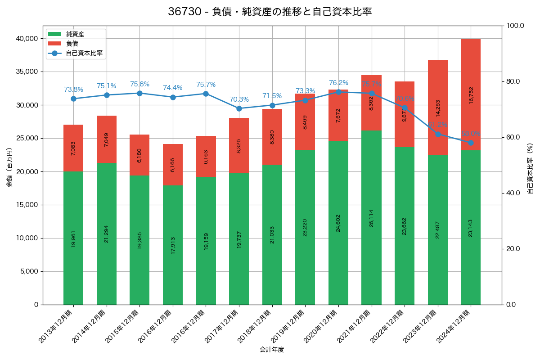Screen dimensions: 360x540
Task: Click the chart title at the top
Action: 270,12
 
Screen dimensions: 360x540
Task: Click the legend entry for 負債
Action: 72,44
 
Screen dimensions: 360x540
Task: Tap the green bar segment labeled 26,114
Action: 371,217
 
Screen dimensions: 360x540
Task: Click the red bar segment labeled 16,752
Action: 471,94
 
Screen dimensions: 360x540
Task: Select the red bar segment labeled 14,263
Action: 437,107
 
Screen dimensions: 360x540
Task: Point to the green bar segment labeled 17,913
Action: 173,245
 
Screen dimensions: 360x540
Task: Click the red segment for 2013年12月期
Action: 73,148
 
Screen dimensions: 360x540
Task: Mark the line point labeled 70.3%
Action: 239,108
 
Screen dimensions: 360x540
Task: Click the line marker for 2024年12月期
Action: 471,143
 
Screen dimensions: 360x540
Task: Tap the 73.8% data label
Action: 73,90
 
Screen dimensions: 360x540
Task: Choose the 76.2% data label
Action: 338,83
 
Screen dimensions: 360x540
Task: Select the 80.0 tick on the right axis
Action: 513,81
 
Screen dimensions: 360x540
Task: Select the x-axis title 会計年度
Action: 272,350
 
